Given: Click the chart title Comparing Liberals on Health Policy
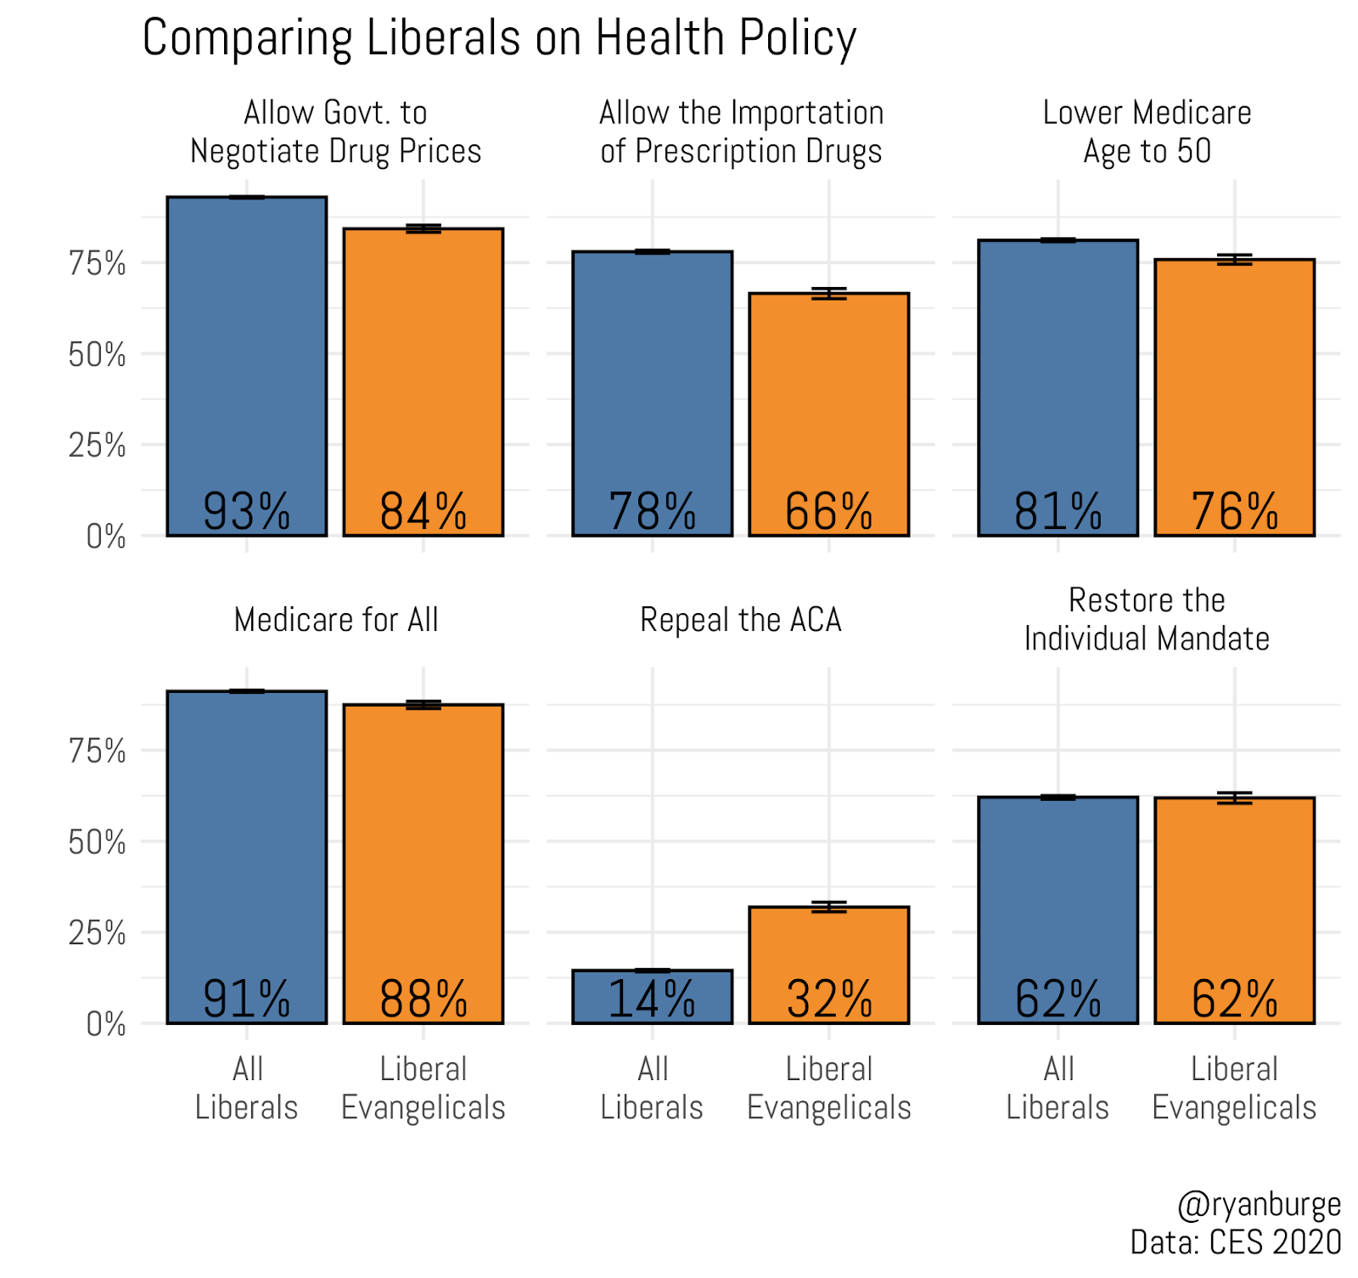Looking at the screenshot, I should tap(499, 38).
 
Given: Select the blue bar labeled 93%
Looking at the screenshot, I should tap(247, 357).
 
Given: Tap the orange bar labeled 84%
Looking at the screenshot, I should tap(424, 374).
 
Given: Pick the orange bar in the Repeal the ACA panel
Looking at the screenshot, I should tap(829, 951).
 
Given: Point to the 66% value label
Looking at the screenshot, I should tap(828, 511).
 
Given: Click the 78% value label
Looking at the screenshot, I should tap(652, 511).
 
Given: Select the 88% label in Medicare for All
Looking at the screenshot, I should tap(424, 999).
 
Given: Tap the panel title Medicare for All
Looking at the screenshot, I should tap(336, 620).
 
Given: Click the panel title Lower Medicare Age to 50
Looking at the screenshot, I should tap(1147, 132).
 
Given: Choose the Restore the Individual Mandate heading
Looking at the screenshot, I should tap(1147, 619).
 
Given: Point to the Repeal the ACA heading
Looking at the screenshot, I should tap(740, 620).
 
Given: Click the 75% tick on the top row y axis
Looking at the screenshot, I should tap(97, 263).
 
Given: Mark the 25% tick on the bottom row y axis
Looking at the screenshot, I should tap(97, 933).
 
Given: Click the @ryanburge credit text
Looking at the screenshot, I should tap(1260, 1204).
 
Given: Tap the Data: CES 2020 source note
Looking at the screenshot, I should tap(1236, 1241).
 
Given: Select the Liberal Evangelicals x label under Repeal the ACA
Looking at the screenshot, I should tap(829, 1088).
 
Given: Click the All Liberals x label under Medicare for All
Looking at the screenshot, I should tap(247, 1088).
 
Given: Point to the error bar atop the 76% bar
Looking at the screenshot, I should tap(1234, 259).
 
